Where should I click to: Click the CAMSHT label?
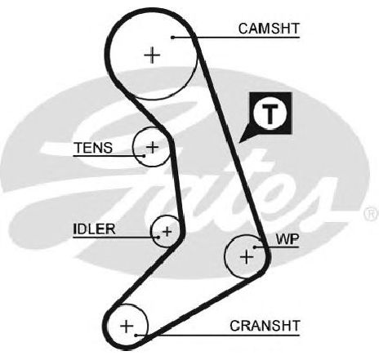click(x=269, y=29)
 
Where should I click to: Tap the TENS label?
click(x=93, y=148)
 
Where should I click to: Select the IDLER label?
click(x=94, y=229)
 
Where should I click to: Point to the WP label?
click(x=288, y=239)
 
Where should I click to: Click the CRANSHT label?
click(x=265, y=326)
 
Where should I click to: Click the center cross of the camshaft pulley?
click(x=152, y=56)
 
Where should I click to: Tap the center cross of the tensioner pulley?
click(x=152, y=147)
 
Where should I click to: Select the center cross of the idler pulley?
click(x=167, y=232)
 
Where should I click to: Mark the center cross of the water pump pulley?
click(x=247, y=257)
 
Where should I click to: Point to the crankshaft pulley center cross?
click(x=127, y=326)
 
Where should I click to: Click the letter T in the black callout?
click(x=270, y=113)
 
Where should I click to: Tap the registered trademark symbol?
click(x=371, y=214)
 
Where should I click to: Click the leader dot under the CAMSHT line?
click(x=172, y=38)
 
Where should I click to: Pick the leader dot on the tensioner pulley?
click(x=144, y=156)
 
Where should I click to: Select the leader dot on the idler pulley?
click(x=158, y=238)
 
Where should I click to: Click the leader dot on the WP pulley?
click(x=255, y=247)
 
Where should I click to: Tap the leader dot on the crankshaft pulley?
click(x=136, y=336)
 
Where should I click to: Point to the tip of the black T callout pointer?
click(x=239, y=142)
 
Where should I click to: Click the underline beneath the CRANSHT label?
click(x=218, y=336)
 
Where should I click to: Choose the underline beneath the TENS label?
click(x=109, y=156)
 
